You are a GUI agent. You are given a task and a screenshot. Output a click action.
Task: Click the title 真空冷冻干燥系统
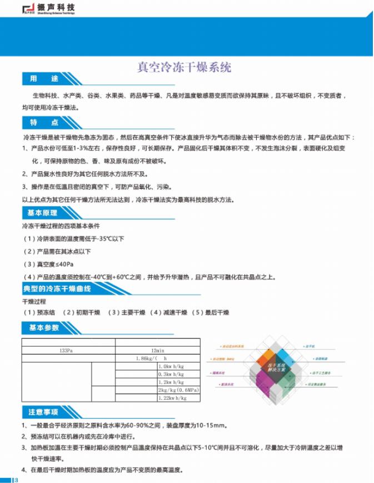click(x=184, y=68)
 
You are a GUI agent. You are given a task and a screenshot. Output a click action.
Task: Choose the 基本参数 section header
click(x=44, y=327)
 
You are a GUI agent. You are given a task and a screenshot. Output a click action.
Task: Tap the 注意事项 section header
click(x=44, y=412)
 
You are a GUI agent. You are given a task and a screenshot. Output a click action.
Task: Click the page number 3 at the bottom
click(x=17, y=479)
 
